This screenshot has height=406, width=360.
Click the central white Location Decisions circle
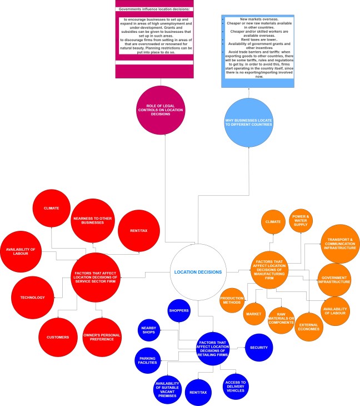(x=198, y=271)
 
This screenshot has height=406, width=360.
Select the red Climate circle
(x=52, y=208)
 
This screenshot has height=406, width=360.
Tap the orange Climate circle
(x=273, y=221)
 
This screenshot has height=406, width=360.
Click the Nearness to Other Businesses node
(x=92, y=220)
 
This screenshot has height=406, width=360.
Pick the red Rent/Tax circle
(x=139, y=230)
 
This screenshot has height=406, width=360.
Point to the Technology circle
(x=32, y=298)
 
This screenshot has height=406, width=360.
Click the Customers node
(x=58, y=337)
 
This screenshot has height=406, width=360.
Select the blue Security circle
(x=259, y=348)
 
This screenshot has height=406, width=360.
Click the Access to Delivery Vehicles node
(x=234, y=385)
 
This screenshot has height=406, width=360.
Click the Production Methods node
(x=231, y=300)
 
